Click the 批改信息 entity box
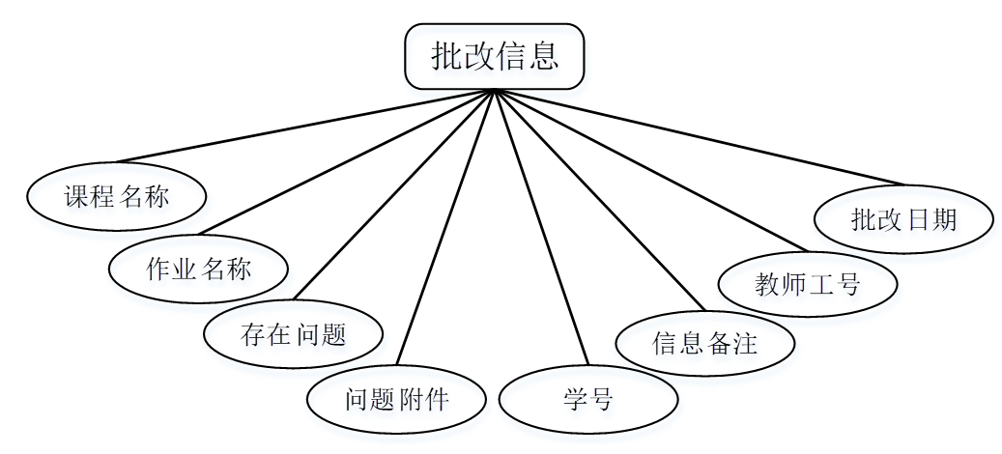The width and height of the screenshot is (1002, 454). [494, 56]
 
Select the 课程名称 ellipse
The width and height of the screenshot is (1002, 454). [116, 197]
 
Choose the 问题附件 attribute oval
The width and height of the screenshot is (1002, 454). [396, 398]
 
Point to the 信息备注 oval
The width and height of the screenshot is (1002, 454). [704, 342]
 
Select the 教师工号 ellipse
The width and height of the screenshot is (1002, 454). [808, 283]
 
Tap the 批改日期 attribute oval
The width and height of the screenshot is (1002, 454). [903, 219]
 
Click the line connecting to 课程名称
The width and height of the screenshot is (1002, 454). [304, 126]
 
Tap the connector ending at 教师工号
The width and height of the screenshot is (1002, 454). [649, 170]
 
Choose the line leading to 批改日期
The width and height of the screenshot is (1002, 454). [699, 136]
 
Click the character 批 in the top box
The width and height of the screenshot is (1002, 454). [446, 56]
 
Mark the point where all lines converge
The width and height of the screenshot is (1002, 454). [494, 90]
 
